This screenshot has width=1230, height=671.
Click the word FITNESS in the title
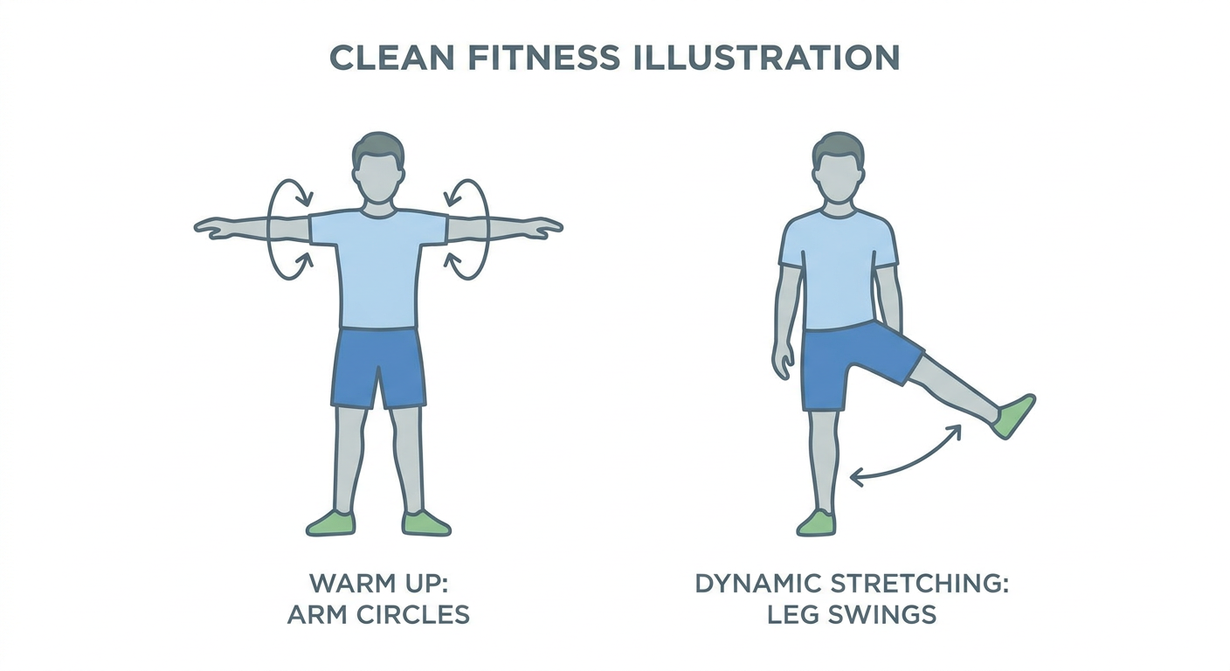pos(543,57)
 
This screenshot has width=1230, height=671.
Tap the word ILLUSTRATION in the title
pos(766,57)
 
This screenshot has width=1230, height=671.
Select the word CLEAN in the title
pos(391,57)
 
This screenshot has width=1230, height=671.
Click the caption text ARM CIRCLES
pos(378,614)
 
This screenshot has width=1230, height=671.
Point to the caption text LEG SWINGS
pos(852,614)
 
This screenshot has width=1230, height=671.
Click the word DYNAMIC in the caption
pos(759,583)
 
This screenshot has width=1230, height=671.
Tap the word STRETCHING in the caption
pos(919,583)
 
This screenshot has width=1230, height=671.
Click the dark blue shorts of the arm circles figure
pos(379,368)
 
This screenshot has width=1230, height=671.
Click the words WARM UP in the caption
pos(379,583)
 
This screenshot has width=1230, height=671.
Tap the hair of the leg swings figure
pos(839,147)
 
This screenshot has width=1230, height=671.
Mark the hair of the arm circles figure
pos(377,147)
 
